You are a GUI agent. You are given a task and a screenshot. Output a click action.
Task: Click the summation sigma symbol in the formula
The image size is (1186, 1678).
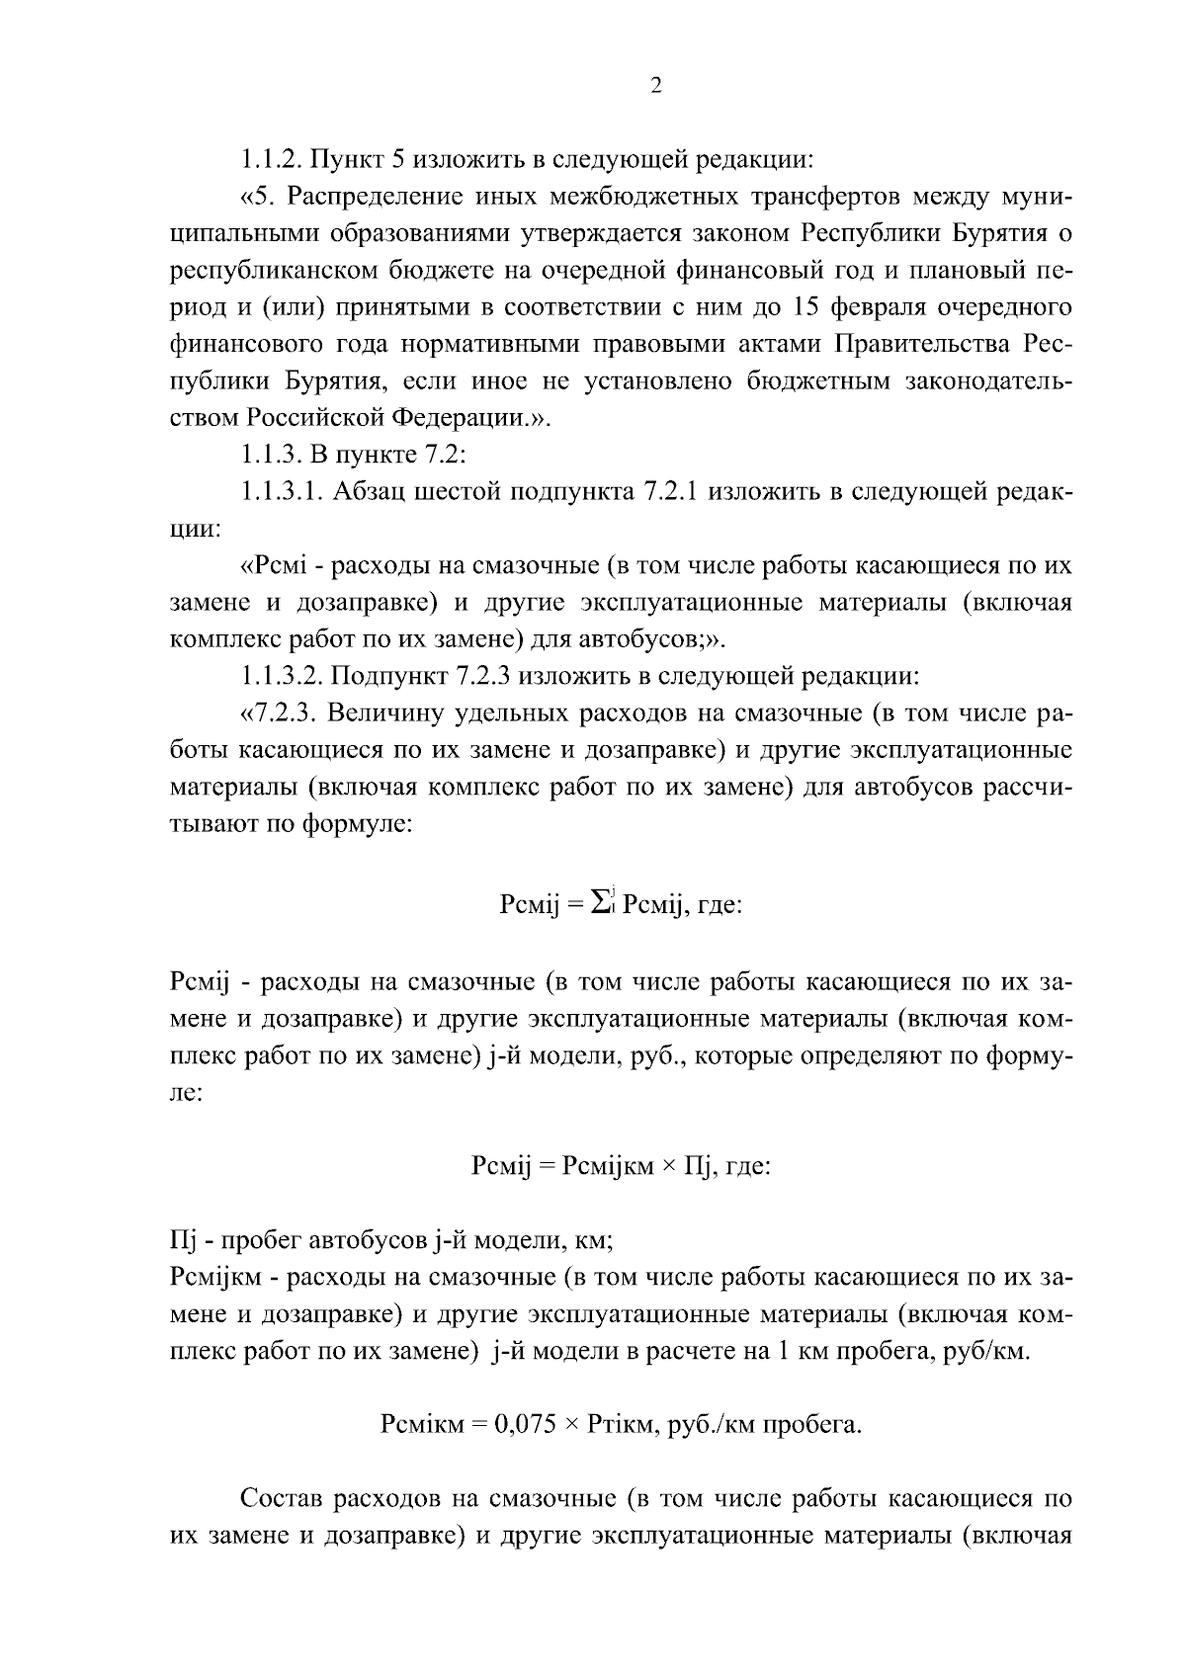pyautogui.click(x=599, y=901)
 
